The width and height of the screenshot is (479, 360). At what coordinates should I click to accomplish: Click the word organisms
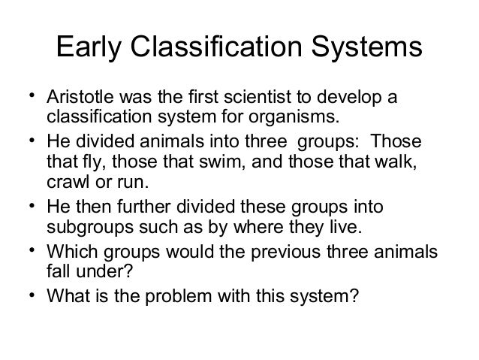tap(296, 118)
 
